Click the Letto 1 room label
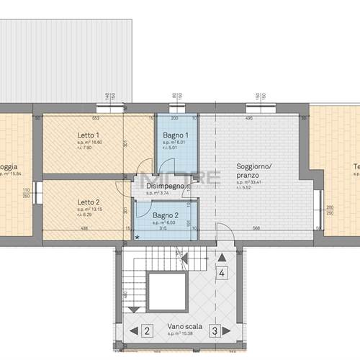click(88, 135)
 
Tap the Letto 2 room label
click(88, 202)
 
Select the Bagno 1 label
click(176, 135)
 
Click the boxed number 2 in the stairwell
click(146, 331)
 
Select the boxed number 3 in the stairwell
click(214, 331)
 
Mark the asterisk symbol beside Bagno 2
click(138, 237)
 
